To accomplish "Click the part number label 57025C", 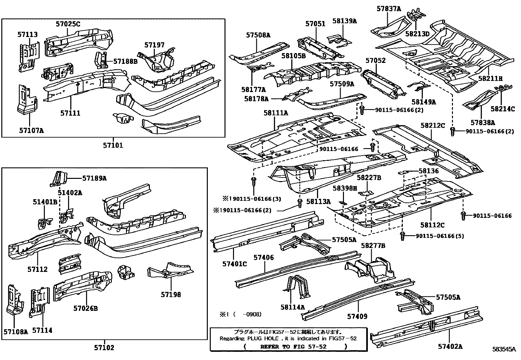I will (68, 24).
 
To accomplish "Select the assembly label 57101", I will (113, 145).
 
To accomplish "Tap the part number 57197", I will (155, 45).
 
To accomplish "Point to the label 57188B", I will (126, 61).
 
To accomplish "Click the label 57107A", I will (31, 130).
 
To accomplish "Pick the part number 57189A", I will (94, 178).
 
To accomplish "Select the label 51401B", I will (45, 202).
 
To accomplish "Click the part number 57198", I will (171, 295).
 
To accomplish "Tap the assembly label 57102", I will (104, 348).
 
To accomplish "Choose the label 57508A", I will (258, 35).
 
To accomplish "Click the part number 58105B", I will (293, 56).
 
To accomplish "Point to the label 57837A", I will (388, 9).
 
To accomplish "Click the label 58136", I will (429, 171).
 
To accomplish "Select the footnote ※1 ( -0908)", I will (241, 314).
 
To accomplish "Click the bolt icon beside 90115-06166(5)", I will (403, 235).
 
